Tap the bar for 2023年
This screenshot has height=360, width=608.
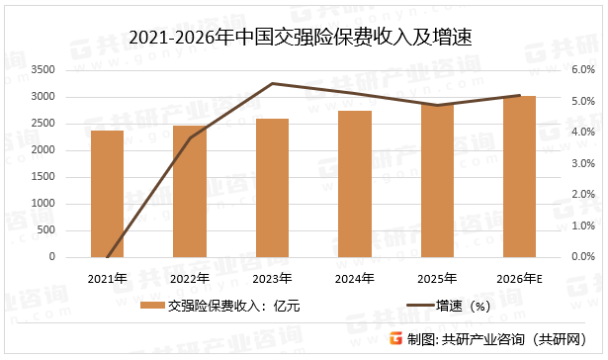[x=272, y=188]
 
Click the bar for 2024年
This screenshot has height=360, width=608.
[x=355, y=184]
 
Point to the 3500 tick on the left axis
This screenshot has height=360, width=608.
[x=43, y=69]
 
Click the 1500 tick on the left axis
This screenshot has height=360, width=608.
[x=43, y=177]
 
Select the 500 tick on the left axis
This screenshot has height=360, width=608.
[x=47, y=230]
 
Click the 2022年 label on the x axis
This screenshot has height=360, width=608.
[x=190, y=278]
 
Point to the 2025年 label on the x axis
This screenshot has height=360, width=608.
[x=438, y=278]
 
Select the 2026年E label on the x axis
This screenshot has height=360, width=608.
[x=520, y=278]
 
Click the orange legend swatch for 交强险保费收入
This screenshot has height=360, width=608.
[x=151, y=307]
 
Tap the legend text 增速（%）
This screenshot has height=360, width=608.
[x=465, y=307]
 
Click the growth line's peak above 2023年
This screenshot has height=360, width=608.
[x=272, y=84]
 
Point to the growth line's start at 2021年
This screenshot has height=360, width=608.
[x=108, y=256]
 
